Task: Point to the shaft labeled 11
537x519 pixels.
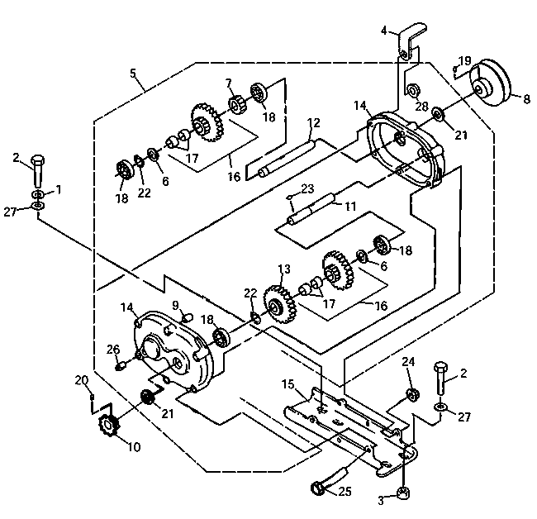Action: point(311,209)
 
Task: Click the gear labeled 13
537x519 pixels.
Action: point(280,304)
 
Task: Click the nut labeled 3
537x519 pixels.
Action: point(403,493)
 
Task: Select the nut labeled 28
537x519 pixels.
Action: point(411,90)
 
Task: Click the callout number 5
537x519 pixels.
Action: point(133,74)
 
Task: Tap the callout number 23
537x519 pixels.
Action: point(307,188)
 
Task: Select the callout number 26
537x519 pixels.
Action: point(113,350)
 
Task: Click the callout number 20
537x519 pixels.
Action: point(82,380)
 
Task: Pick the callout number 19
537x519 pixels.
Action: point(465,61)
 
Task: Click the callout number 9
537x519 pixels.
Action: point(175,305)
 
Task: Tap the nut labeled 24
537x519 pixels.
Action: point(412,395)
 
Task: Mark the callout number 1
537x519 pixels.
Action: point(59,189)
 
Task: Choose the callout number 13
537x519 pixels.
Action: point(284,269)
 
